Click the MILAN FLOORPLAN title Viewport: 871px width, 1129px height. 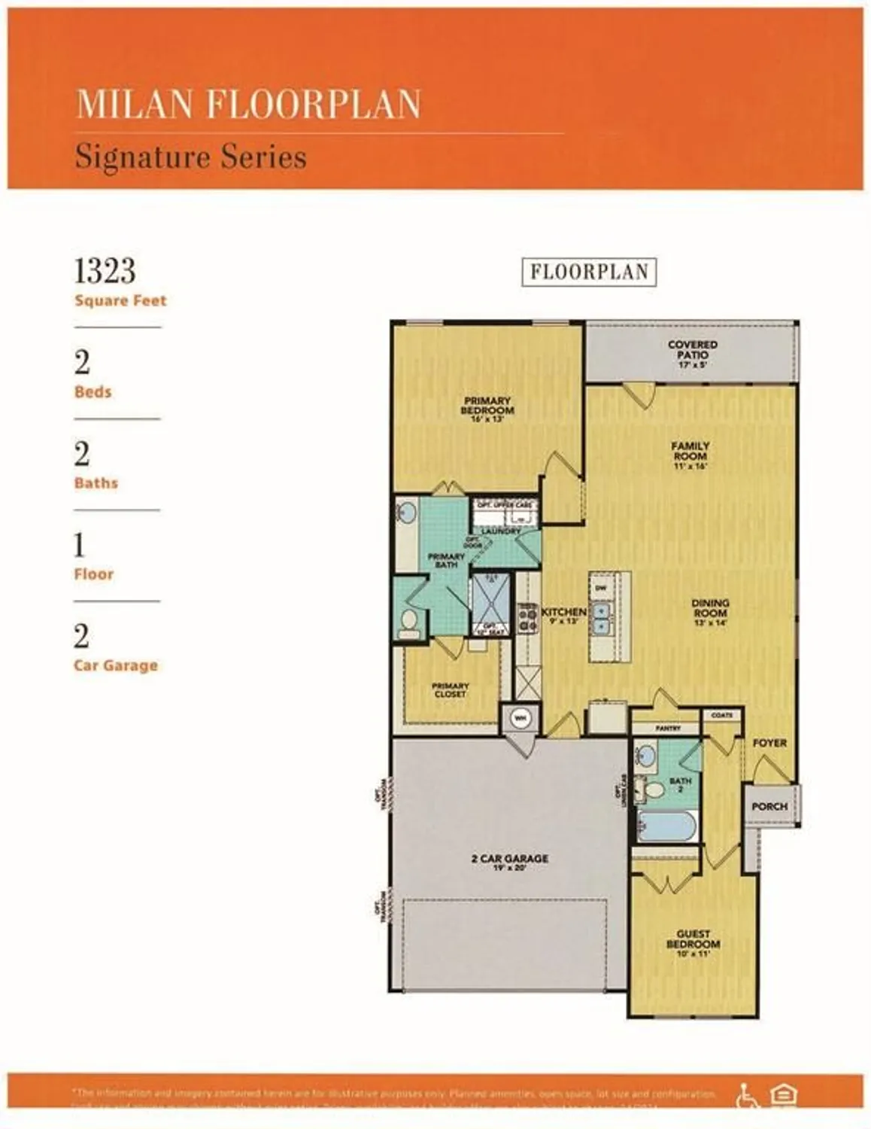[248, 104]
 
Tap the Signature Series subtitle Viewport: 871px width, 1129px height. [190, 157]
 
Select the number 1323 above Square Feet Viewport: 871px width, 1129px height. [105, 271]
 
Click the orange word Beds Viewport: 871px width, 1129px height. [93, 392]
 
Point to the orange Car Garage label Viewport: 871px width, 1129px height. [116, 665]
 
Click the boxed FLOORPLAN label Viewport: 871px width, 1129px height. [589, 272]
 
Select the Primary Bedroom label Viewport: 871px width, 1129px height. [487, 409]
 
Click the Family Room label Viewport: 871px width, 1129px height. [690, 455]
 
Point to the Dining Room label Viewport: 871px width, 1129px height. [710, 612]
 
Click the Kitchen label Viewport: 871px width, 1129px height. [564, 615]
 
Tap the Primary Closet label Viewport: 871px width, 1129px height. [450, 689]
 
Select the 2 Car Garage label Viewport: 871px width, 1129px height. [509, 862]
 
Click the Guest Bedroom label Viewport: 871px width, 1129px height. [693, 942]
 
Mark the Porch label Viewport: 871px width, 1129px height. [769, 806]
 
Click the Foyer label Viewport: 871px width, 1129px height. [769, 743]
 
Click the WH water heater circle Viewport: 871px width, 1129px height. [520, 718]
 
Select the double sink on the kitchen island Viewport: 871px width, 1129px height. [601, 618]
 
